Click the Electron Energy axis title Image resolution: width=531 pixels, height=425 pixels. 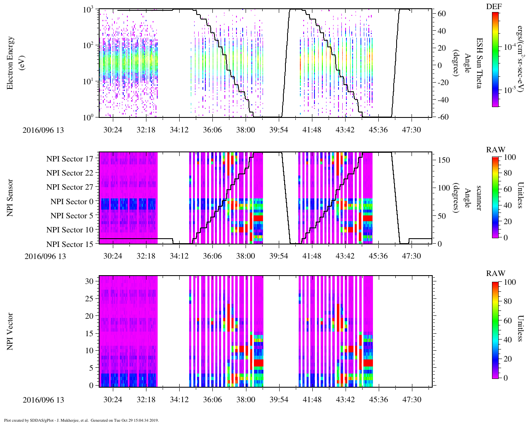coord(11,63)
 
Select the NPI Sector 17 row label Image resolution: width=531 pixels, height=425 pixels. coord(70,159)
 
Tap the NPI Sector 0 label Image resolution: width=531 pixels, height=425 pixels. coord(72,202)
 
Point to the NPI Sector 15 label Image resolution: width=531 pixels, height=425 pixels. coord(70,244)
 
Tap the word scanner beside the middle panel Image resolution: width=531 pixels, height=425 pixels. coord(478,198)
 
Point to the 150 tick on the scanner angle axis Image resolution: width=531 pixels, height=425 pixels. coord(444,160)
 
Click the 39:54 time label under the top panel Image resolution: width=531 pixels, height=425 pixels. coord(278,130)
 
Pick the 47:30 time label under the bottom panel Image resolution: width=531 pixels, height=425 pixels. coord(412,400)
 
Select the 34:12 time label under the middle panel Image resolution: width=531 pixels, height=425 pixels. coord(179,256)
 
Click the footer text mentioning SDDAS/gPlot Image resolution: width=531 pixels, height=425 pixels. coord(81,420)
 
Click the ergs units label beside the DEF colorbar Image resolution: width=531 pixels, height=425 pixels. coord(519,58)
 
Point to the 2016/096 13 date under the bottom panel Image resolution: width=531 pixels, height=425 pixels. coord(43,400)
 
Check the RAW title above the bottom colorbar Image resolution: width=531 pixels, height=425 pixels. coord(496,274)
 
